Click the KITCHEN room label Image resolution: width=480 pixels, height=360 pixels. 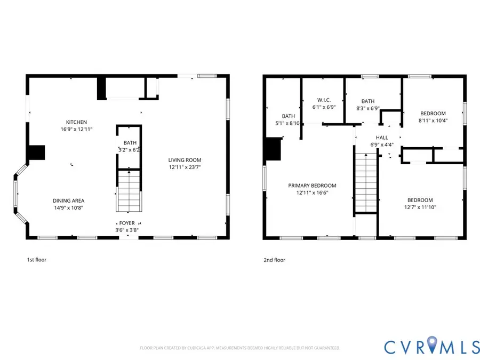pos(76,122)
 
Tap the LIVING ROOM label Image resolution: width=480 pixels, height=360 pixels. pos(185,160)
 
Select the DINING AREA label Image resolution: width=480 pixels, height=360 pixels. pos(68,201)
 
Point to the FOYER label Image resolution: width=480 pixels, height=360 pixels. pos(127,223)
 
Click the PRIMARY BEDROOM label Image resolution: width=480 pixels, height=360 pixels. pos(312,186)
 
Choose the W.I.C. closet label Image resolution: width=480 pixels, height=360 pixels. pos(324,100)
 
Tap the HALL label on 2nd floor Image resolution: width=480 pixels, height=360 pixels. pos(381,137)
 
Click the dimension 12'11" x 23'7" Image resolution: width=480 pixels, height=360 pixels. pos(185,167)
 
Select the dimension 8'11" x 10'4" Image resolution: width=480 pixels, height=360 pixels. pos(433,120)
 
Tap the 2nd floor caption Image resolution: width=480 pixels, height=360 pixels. pos(274,260)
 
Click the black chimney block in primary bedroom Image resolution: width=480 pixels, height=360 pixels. pos(273,149)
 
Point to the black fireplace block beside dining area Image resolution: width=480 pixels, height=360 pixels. pos(36,153)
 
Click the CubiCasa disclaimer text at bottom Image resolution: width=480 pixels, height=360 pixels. pos(239,348)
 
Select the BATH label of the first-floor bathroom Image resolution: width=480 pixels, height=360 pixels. pos(130,143)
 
